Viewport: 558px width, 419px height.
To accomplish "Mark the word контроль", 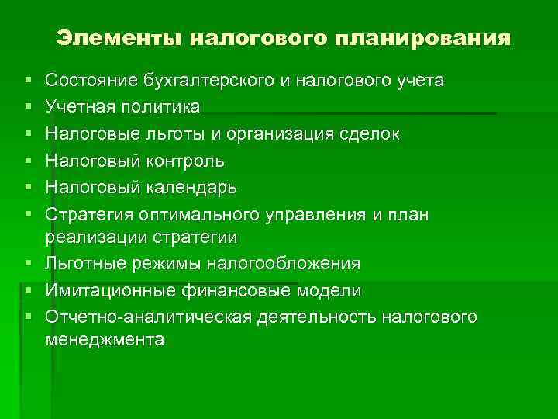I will (x=184, y=161).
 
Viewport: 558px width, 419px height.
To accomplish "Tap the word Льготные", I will (x=84, y=264).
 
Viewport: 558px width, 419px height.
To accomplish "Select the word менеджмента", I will (x=105, y=339).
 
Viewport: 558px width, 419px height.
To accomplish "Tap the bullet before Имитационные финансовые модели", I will (x=28, y=291).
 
